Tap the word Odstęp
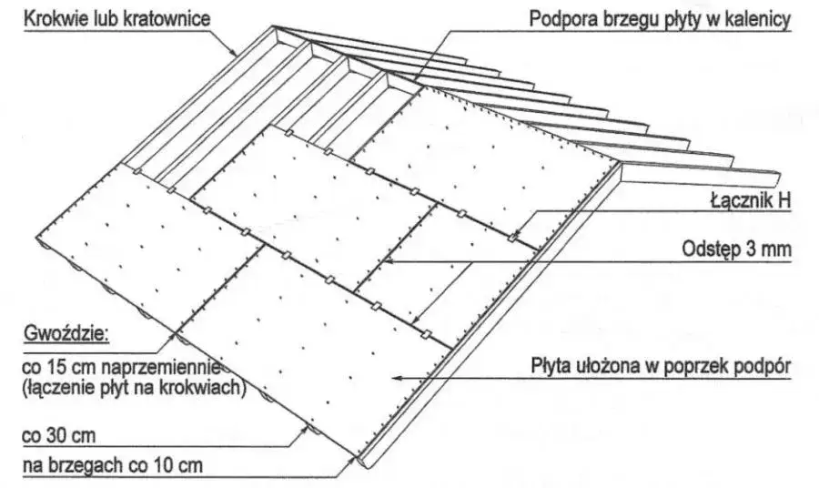pos(709,248)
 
